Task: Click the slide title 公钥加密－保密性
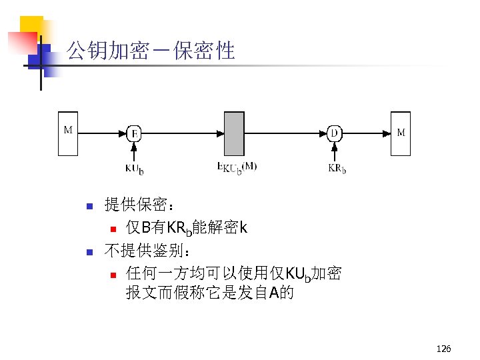tap(152, 50)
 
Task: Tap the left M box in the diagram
tap(68, 133)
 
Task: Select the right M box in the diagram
tap(401, 133)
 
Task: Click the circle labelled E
tap(134, 133)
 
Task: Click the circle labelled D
tap(335, 133)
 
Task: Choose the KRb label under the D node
tap(337, 168)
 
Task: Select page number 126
tap(443, 349)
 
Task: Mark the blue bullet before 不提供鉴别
tap(88, 253)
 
